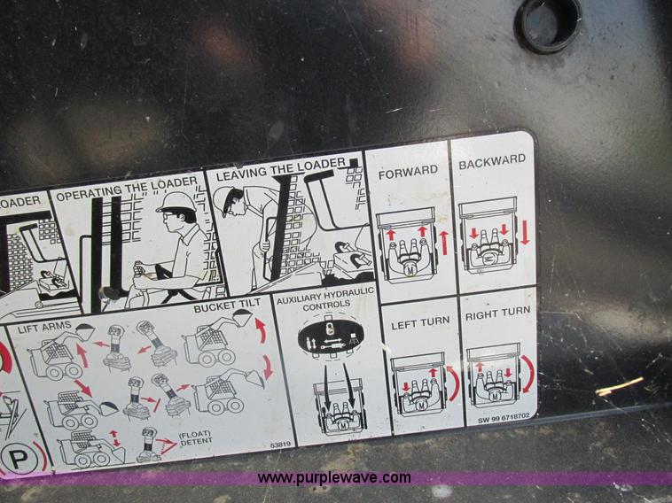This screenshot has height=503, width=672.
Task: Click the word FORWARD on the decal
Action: (x=409, y=170)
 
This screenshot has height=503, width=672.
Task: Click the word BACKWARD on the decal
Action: (x=492, y=162)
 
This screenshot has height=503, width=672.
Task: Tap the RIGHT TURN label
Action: (x=497, y=313)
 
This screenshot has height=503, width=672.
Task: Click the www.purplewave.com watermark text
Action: (x=334, y=478)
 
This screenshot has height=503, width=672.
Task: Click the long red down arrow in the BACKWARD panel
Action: (x=525, y=233)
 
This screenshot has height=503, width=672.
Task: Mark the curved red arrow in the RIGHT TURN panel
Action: (x=528, y=375)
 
